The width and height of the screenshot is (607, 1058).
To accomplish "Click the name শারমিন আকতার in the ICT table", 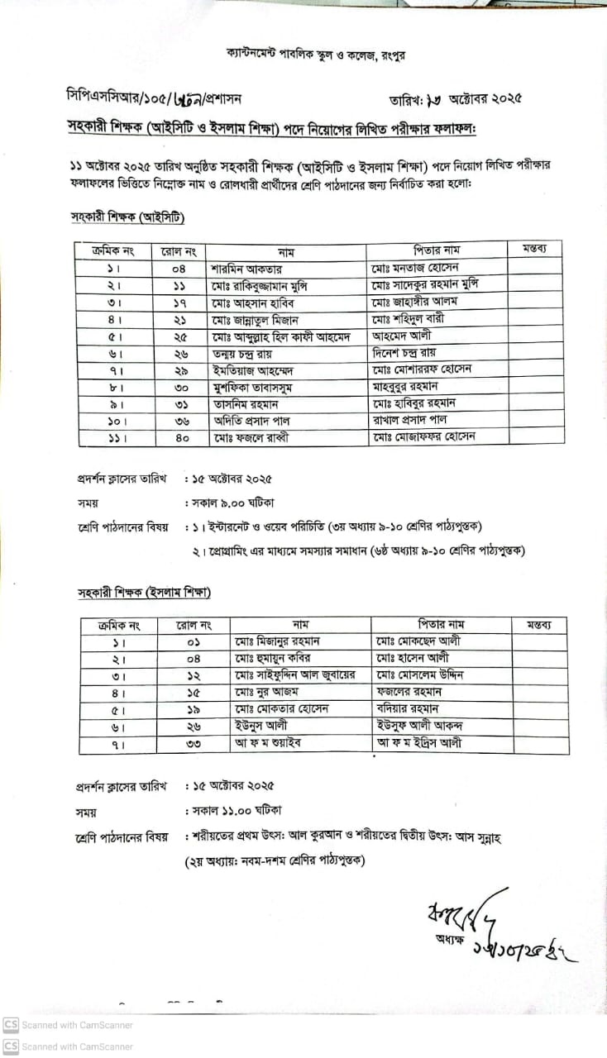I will (x=246, y=268).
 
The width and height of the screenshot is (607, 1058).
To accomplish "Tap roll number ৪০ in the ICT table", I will (x=182, y=437).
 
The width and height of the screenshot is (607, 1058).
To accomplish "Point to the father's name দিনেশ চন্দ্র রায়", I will (x=406, y=353).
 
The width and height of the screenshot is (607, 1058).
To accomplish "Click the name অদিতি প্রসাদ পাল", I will (x=251, y=421).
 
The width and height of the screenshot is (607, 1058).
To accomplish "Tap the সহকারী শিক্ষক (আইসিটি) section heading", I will (x=127, y=218).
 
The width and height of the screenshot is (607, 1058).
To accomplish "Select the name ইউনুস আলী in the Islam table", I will (x=262, y=727).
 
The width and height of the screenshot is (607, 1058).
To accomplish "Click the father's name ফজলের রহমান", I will (x=409, y=692).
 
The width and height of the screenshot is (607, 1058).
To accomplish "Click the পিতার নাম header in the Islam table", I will (x=442, y=624).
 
